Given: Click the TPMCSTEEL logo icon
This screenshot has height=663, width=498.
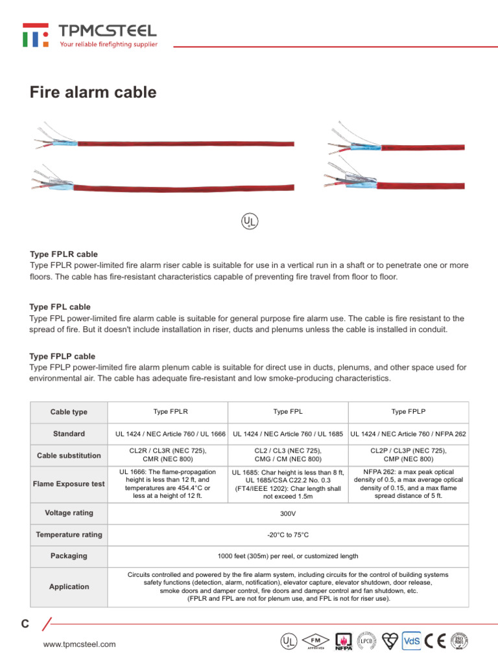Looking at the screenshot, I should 35,35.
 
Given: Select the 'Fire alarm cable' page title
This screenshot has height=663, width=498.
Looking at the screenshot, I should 93,93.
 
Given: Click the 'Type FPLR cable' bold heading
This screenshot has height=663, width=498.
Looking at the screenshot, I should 64,254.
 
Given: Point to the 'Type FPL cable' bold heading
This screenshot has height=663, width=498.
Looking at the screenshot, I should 60,307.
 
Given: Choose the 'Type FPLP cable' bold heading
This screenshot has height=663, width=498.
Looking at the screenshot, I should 62,357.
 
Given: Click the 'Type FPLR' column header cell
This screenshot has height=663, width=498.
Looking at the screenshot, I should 171,411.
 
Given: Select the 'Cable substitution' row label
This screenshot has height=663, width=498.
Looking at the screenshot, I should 69,455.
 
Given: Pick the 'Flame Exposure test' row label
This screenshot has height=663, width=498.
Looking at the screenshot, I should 69,484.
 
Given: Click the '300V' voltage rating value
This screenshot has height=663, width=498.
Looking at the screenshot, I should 287,513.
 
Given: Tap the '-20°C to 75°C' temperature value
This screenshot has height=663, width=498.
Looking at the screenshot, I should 287,535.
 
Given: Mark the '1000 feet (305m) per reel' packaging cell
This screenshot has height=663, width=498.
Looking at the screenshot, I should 287,556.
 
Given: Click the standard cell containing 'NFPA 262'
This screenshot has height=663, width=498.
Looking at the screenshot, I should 408,433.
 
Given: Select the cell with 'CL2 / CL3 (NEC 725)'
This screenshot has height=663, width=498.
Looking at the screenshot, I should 287,455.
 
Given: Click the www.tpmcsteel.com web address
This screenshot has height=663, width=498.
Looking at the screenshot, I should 79,644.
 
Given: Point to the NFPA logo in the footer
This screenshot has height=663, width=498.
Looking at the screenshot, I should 343,641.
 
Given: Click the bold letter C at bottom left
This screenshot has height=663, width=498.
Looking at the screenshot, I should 25,624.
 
